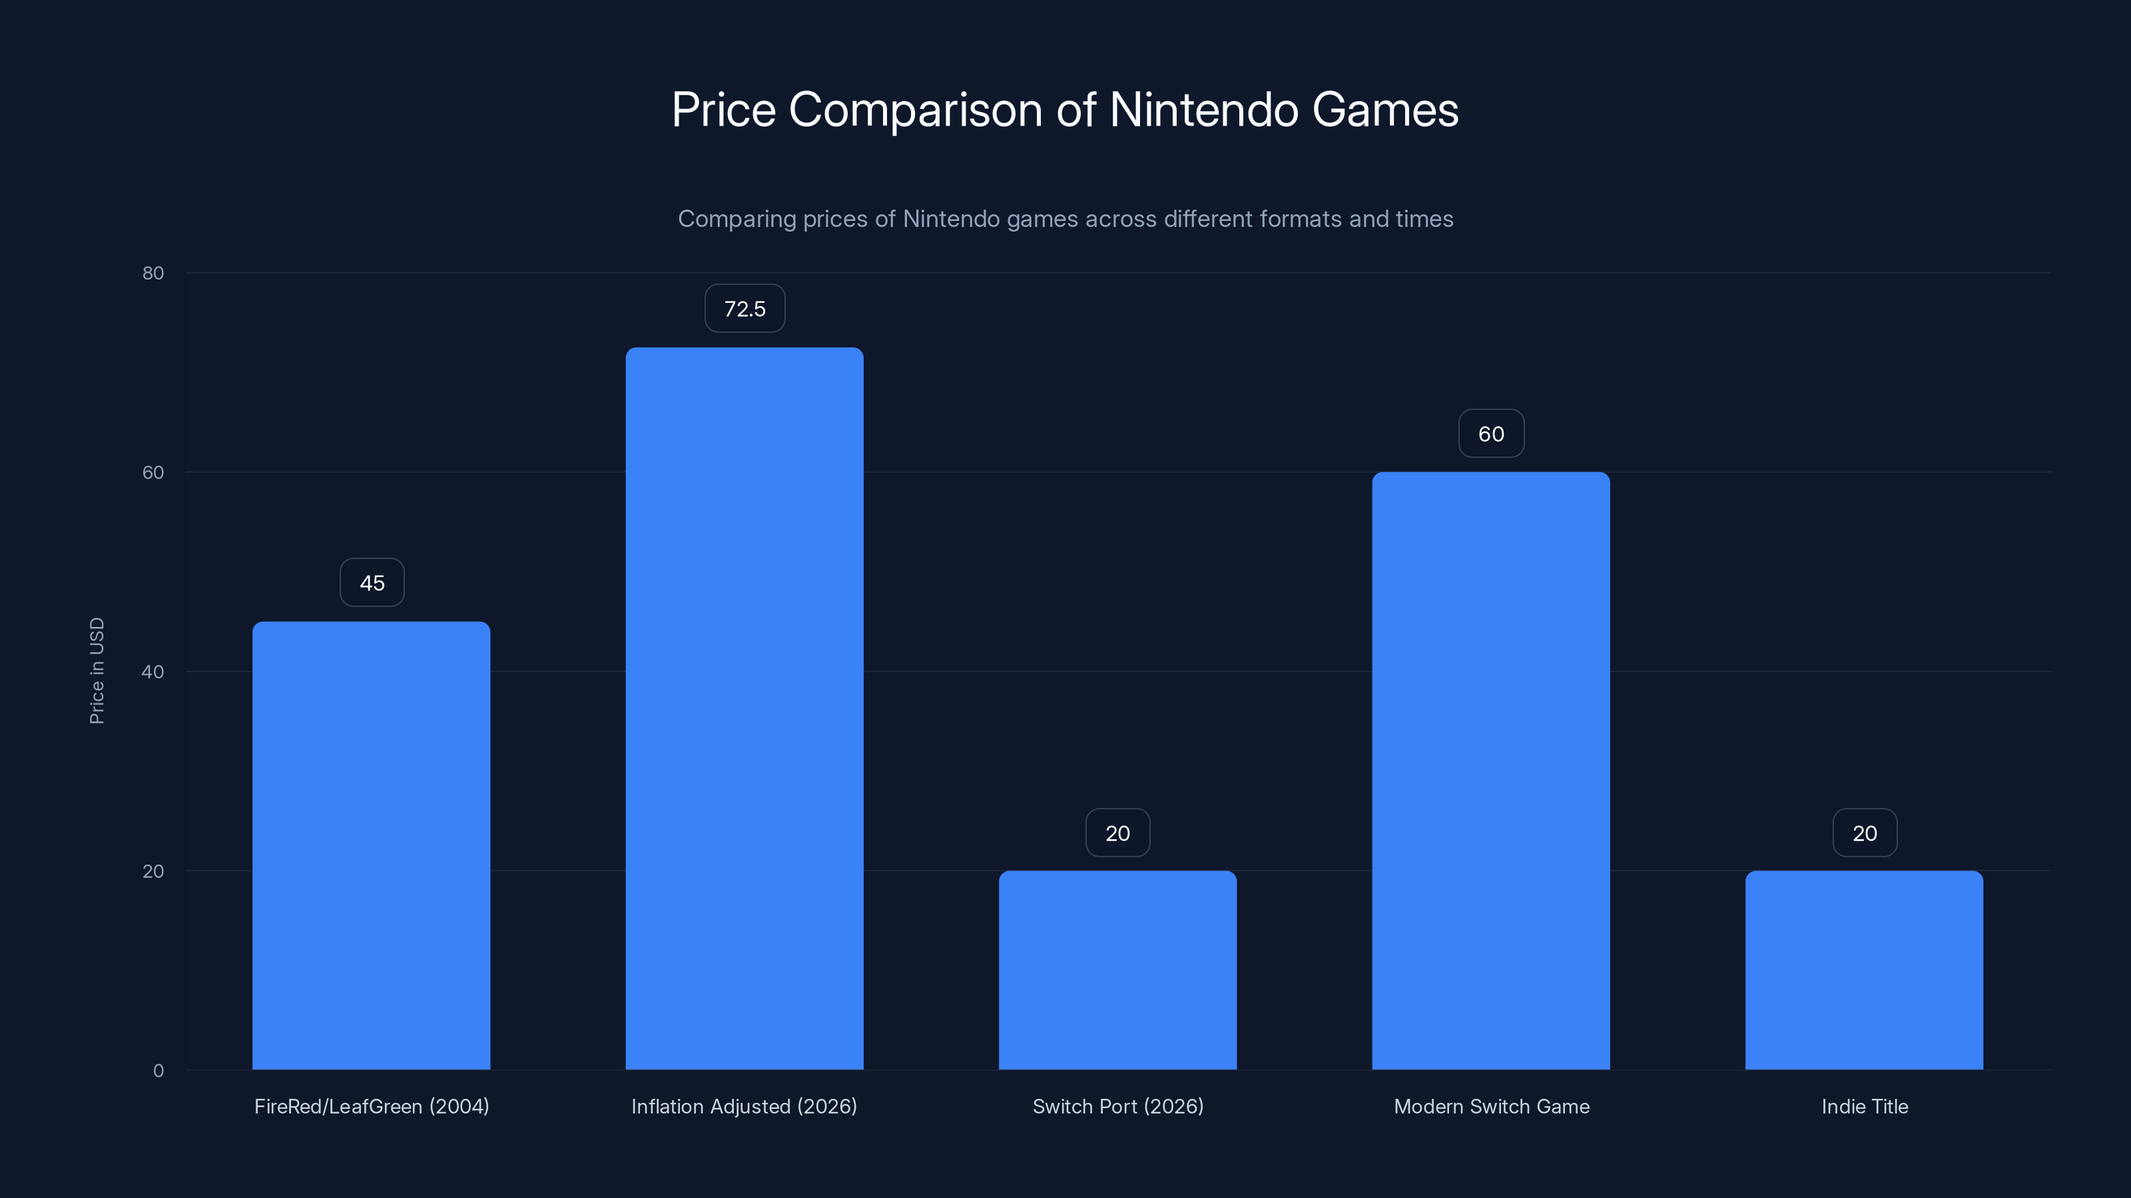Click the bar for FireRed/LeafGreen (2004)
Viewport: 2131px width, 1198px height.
point(372,845)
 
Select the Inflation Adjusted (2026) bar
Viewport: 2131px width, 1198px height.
point(745,709)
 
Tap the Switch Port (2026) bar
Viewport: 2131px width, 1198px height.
point(1117,970)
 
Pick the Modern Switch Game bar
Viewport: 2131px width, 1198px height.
point(1491,771)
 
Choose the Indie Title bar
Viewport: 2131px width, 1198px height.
point(1864,970)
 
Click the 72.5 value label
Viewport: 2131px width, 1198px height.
point(745,308)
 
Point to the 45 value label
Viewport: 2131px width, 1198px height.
point(372,583)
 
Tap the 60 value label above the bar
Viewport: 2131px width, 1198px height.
point(1491,434)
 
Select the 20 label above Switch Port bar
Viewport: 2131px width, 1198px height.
point(1117,833)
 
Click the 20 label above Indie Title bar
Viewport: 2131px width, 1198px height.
point(1865,833)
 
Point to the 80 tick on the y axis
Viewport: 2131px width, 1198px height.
point(153,273)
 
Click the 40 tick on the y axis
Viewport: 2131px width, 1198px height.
point(153,672)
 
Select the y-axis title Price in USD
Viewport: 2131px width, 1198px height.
point(97,670)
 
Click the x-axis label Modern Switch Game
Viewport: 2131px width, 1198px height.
point(1492,1106)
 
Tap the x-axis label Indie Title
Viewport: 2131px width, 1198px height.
point(1865,1106)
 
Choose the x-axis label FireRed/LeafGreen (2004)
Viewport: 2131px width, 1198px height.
point(372,1106)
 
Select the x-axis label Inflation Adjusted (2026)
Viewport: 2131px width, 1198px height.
point(744,1106)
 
